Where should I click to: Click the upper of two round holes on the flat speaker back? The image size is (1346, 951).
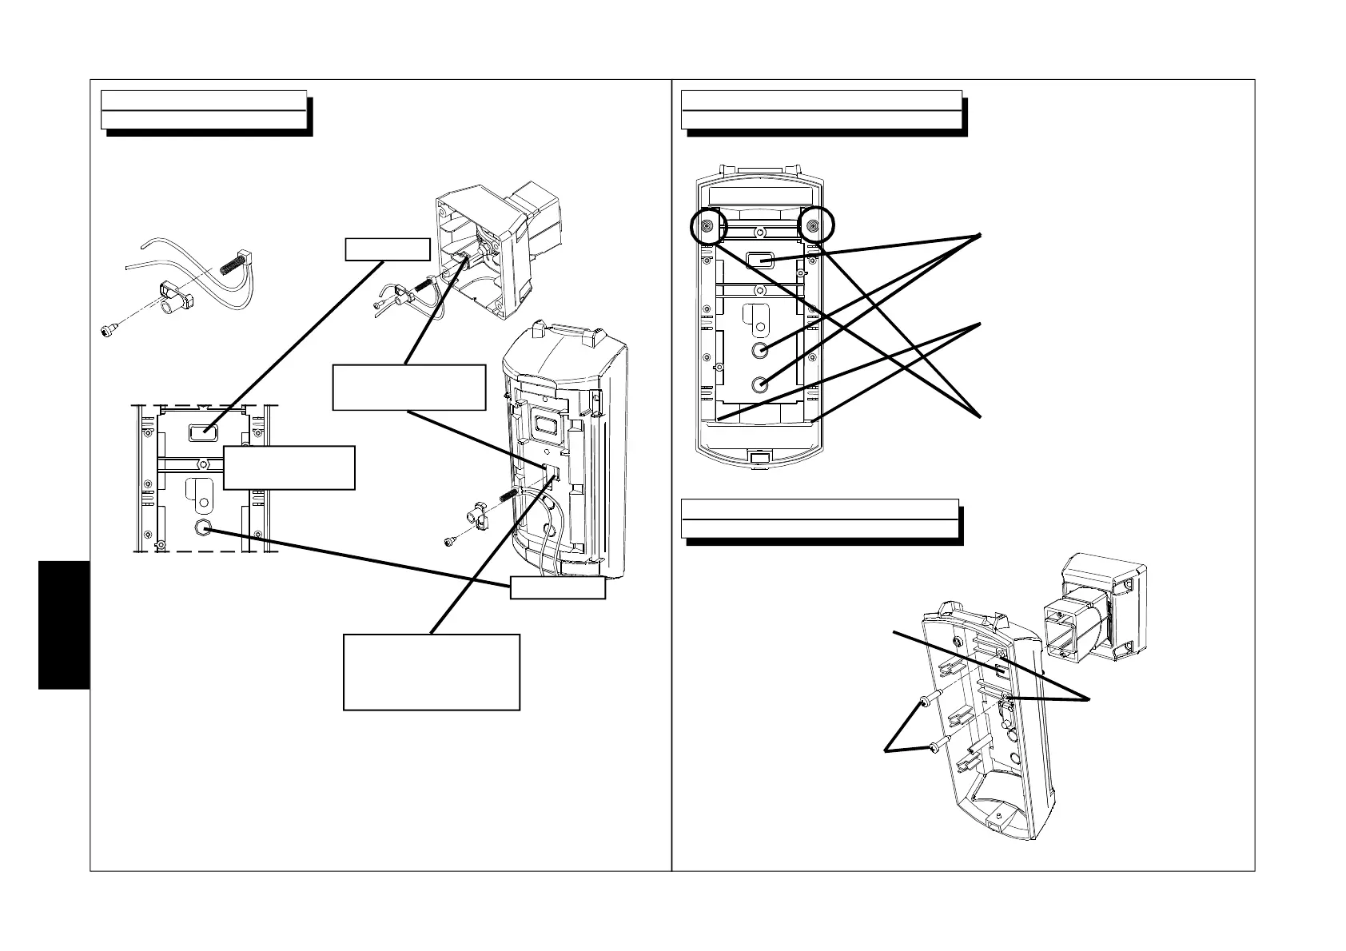point(761,350)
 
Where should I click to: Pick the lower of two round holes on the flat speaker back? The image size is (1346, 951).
point(761,384)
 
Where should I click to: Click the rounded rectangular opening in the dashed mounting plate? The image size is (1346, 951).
point(204,432)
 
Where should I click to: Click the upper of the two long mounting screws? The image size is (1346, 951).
point(926,702)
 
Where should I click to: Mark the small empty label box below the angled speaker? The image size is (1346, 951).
point(557,587)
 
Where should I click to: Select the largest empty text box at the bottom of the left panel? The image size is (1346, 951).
point(432,672)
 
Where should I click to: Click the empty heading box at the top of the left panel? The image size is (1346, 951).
point(204,109)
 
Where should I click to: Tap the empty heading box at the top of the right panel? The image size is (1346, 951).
point(821,109)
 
